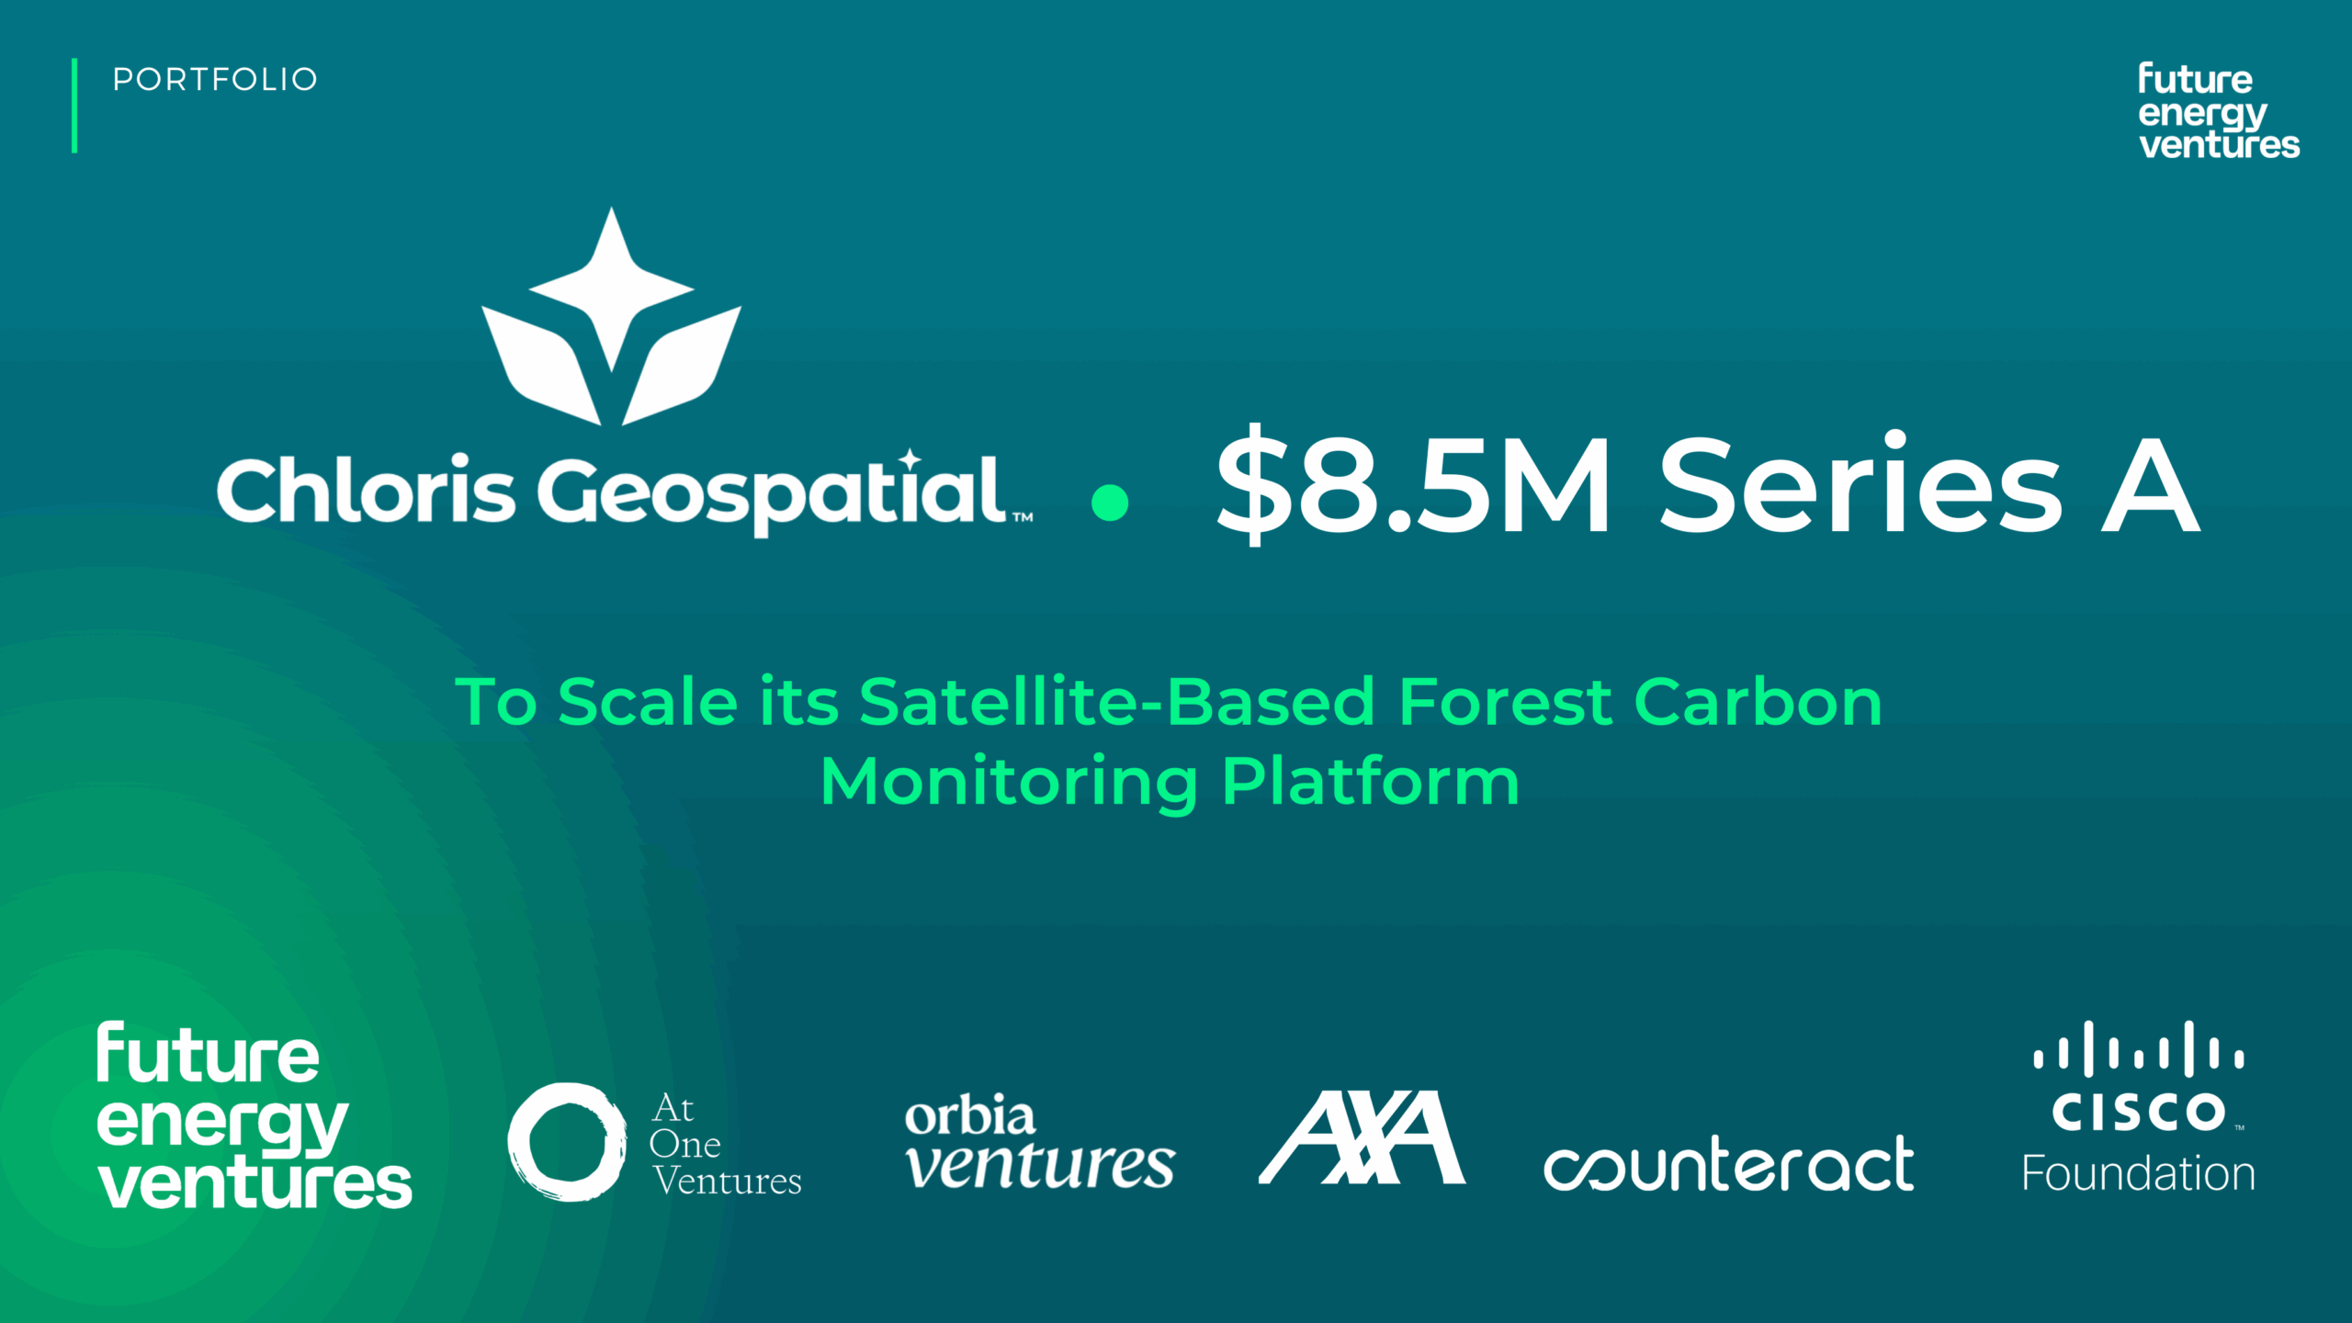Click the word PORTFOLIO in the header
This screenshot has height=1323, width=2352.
pos(215,79)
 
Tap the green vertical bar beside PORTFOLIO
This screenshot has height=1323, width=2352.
pos(74,106)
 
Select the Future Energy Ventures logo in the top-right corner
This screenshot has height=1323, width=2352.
pos(2219,110)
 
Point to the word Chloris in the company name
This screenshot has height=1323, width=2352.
pos(365,490)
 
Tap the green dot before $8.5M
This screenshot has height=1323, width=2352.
pos(1110,503)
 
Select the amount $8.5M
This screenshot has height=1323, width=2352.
pos(1413,485)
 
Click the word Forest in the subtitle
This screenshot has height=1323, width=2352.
pos(1505,702)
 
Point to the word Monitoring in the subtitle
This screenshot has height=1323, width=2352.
pos(1009,783)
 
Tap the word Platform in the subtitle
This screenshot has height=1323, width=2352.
pos(1370,781)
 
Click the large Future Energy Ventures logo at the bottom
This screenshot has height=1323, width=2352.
pos(254,1115)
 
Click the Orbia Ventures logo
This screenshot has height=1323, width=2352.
pos(1039,1142)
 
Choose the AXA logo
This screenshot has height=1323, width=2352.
pos(1362,1137)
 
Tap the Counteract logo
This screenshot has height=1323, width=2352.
pos(1728,1163)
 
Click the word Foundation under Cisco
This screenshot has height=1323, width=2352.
pos(2138,1173)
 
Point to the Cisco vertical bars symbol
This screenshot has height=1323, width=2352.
pos(2139,1049)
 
